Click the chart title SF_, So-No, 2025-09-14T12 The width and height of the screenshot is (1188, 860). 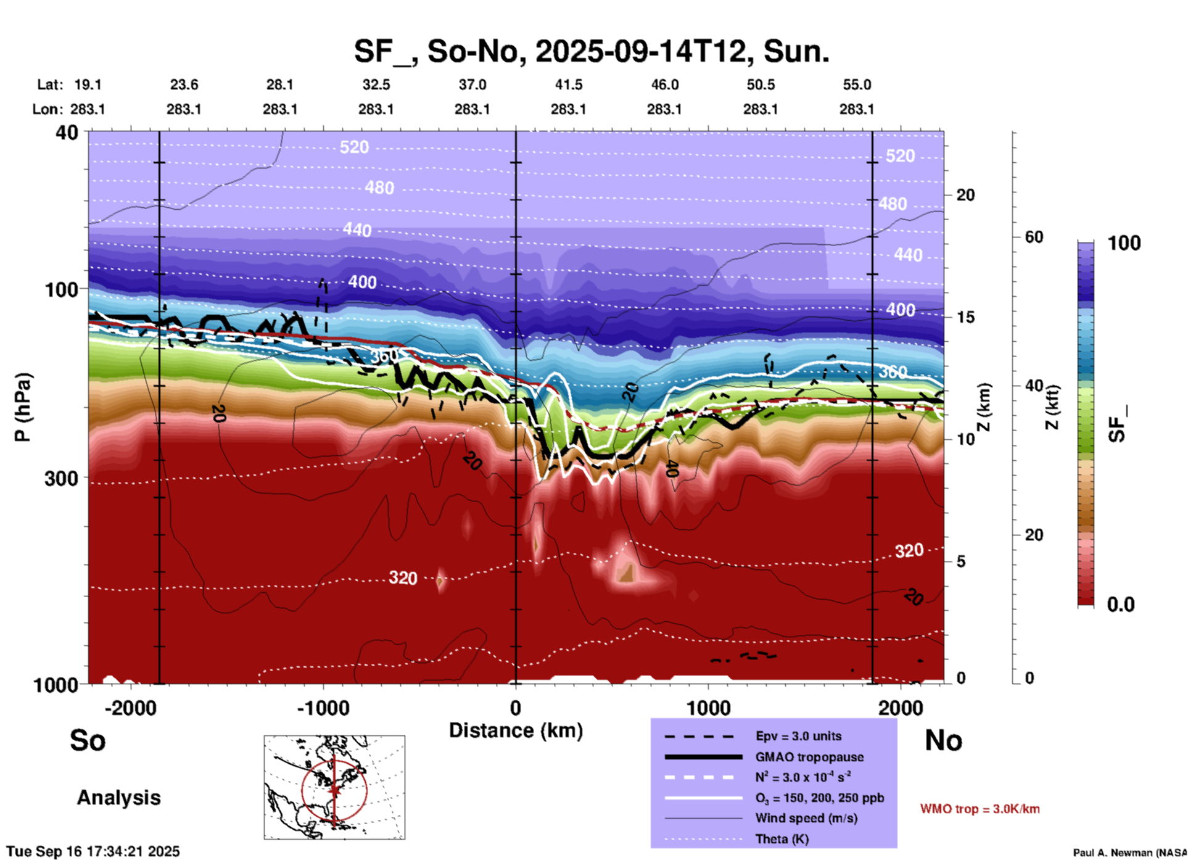tap(591, 51)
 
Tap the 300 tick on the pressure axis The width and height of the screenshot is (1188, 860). tap(61, 478)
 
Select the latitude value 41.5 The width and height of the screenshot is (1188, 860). tap(568, 85)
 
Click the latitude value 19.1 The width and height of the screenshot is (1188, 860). tap(87, 85)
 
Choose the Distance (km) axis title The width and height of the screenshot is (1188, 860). tap(516, 730)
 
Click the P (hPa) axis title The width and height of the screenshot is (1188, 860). tap(23, 407)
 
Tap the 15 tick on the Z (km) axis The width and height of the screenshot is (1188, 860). tap(965, 317)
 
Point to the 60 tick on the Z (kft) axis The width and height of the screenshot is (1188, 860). tap(1034, 237)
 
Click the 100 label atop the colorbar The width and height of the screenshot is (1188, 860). tap(1124, 243)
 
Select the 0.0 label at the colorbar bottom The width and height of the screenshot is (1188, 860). tap(1121, 605)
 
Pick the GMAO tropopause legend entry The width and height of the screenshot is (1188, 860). tap(809, 757)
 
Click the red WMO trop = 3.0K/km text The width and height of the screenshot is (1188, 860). tap(980, 809)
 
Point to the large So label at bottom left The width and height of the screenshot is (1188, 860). tap(88, 740)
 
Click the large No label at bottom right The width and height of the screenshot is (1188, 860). tap(943, 740)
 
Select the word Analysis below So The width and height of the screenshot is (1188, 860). tap(118, 798)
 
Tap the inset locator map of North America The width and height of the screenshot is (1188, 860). tap(334, 787)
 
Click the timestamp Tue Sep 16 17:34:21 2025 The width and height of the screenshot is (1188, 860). tap(93, 851)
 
